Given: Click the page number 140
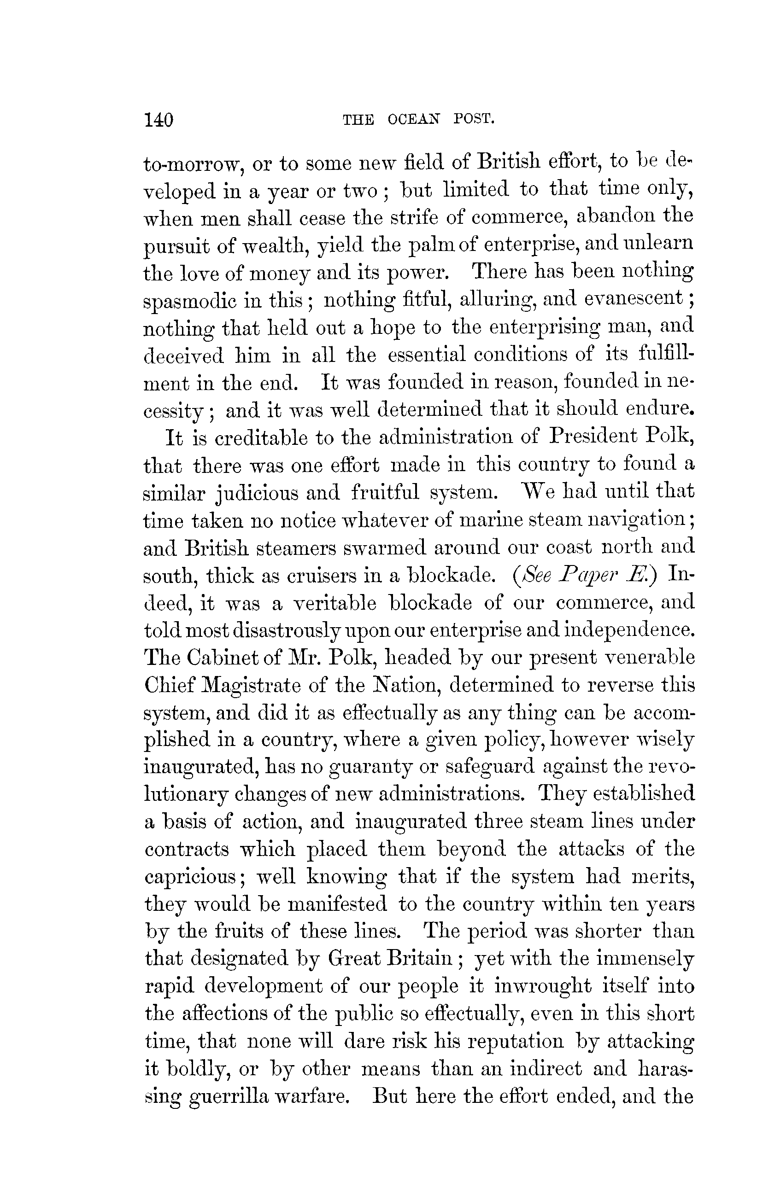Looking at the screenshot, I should [x=158, y=120].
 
